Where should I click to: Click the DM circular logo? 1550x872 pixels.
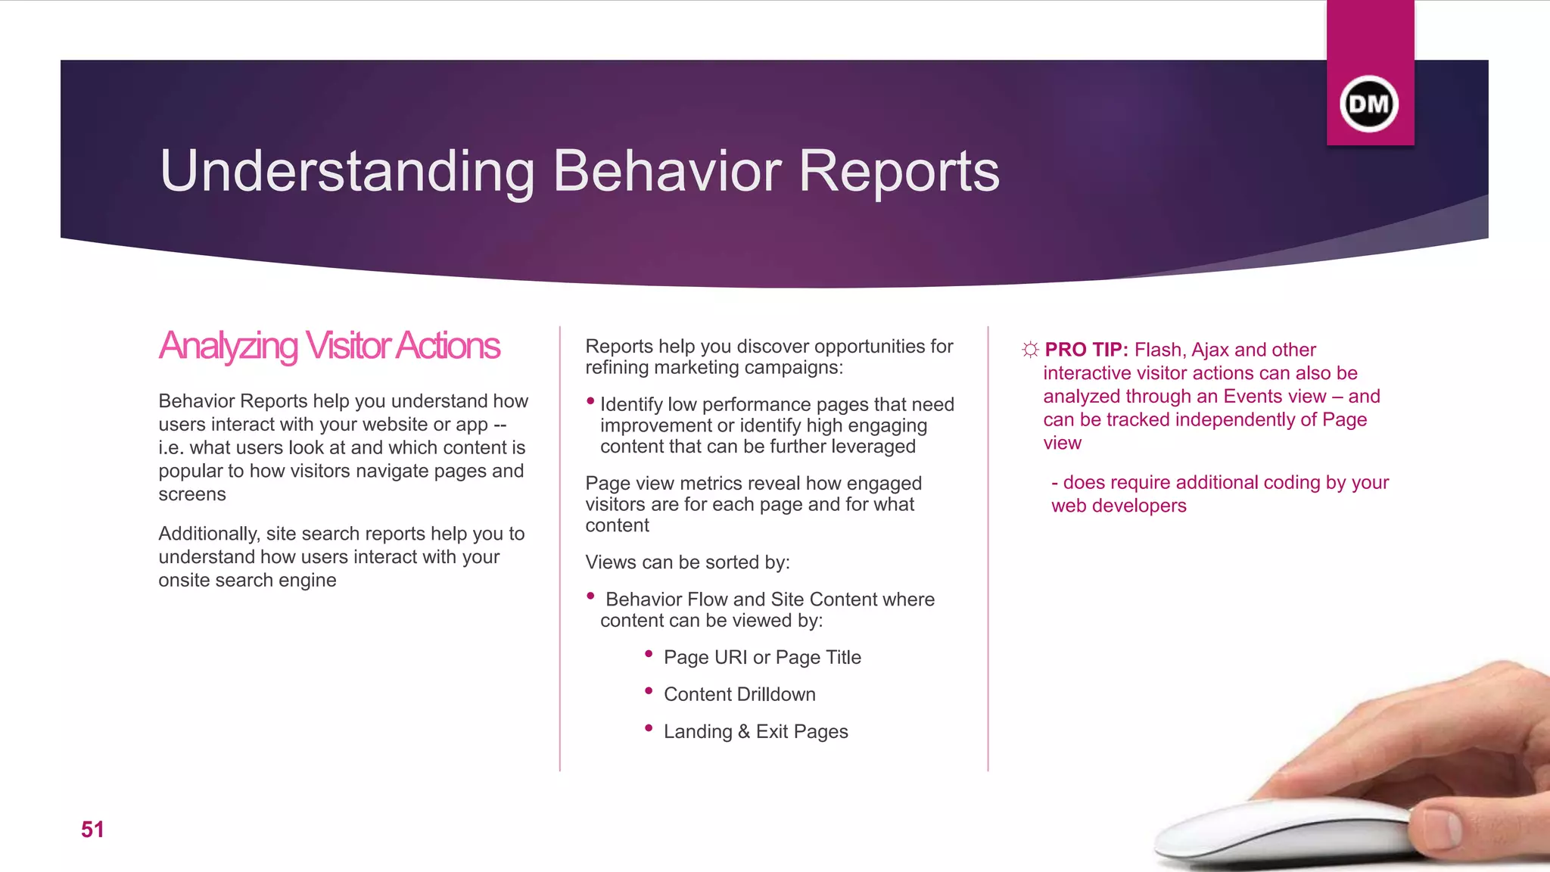(1369, 104)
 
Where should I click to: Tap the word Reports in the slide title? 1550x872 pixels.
(899, 171)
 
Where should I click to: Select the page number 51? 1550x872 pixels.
(92, 830)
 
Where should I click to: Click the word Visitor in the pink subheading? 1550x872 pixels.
(347, 346)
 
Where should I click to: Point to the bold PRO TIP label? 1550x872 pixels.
(1086, 350)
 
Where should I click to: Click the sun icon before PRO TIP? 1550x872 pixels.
(1030, 350)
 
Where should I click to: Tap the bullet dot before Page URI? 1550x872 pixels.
(649, 653)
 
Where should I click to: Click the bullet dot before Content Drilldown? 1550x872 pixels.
(649, 690)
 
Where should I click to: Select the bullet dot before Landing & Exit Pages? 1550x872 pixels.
(649, 727)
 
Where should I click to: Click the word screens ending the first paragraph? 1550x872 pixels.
(192, 494)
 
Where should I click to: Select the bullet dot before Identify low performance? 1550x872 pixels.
(590, 401)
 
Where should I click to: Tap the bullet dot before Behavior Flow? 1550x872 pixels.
(590, 596)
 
